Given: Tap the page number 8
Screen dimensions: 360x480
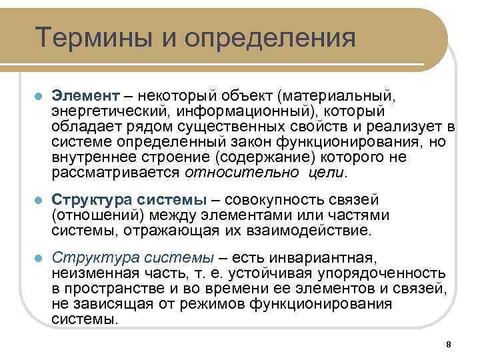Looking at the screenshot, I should point(448,344).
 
